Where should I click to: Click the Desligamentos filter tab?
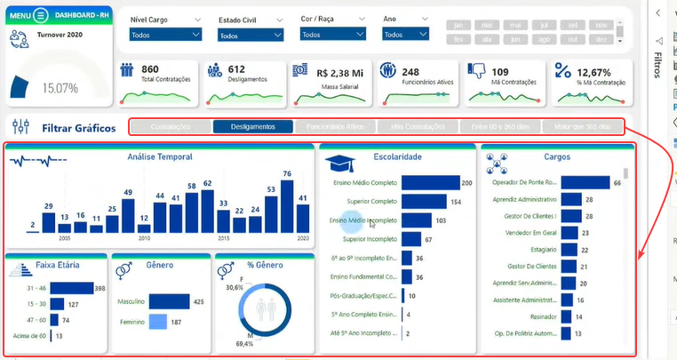[x=253, y=127]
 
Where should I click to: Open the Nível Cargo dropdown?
[x=165, y=35]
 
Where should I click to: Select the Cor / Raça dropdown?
[x=331, y=35]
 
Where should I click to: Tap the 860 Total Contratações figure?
[x=150, y=69]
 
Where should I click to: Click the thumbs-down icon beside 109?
[x=476, y=71]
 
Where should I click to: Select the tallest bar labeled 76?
[x=287, y=206]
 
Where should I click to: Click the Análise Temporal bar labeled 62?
[x=207, y=211]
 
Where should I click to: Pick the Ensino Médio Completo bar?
[x=429, y=183]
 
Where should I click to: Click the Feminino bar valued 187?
[x=157, y=321]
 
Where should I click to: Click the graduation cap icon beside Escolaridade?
[x=338, y=163]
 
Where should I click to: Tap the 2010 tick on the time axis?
[x=144, y=238]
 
